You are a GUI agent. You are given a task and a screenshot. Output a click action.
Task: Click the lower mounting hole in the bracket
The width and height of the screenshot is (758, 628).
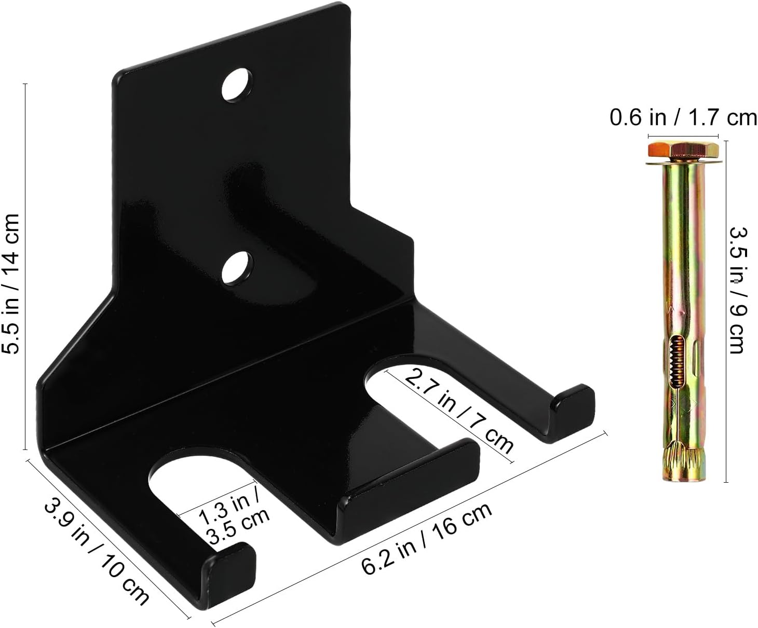coord(237,267)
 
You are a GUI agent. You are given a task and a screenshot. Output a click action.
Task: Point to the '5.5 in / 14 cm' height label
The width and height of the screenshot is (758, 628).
coord(10,283)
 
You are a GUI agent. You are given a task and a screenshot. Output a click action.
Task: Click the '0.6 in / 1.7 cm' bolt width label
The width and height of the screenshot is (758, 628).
coord(683,117)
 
